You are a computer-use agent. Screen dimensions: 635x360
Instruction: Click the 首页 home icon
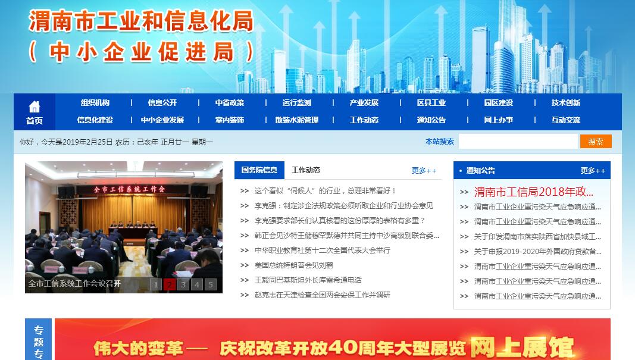click(x=35, y=107)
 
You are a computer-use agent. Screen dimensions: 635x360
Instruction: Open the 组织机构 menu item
click(x=95, y=103)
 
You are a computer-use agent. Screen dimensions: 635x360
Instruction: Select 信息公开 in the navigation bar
click(x=162, y=103)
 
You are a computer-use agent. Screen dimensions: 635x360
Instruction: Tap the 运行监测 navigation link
click(x=297, y=103)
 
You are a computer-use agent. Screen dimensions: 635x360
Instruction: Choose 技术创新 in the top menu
click(x=566, y=103)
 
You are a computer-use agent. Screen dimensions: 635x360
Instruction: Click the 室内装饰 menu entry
click(x=230, y=120)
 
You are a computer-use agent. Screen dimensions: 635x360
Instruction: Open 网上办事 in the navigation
click(x=499, y=120)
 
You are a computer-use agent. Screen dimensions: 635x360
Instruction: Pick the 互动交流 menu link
click(x=566, y=120)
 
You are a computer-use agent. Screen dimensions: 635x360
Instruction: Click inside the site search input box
click(x=518, y=142)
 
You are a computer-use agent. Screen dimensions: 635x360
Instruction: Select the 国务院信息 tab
click(x=259, y=170)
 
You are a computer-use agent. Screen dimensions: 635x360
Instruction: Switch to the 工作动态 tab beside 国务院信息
click(x=306, y=170)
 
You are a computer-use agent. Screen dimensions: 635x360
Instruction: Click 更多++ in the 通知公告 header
click(x=593, y=171)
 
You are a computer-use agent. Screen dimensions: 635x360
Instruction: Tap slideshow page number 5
click(x=211, y=284)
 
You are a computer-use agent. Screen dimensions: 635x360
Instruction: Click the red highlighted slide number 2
click(x=169, y=284)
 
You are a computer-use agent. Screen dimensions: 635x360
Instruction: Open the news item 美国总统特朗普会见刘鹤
click(x=294, y=265)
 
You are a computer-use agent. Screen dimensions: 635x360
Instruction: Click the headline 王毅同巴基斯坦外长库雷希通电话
click(x=308, y=280)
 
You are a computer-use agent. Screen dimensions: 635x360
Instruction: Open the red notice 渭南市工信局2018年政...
click(x=534, y=192)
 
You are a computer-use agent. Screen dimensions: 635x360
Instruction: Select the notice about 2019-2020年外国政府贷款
click(x=538, y=252)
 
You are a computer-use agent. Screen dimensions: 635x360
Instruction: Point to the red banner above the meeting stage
click(x=130, y=189)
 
